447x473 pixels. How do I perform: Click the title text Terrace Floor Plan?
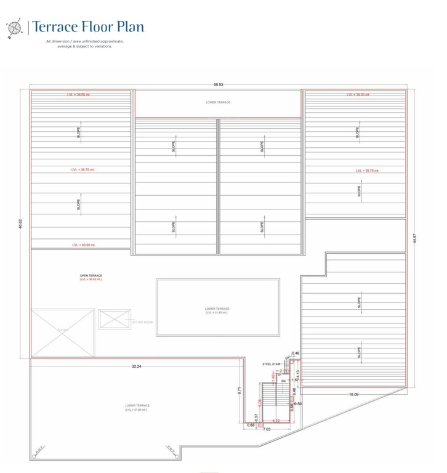88,26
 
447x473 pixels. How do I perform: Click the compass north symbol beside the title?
14,28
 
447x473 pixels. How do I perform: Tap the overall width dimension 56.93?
218,85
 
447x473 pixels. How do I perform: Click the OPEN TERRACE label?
91,275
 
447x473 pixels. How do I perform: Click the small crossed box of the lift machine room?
115,319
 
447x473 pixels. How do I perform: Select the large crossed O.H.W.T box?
63,333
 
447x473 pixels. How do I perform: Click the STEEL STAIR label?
271,364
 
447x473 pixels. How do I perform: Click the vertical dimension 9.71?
240,391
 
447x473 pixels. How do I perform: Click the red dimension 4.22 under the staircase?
276,421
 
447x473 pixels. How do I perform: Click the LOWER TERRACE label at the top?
218,102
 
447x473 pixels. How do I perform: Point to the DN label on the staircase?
283,382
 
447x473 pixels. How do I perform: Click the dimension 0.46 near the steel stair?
296,354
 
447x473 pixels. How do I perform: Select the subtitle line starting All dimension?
84,41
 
